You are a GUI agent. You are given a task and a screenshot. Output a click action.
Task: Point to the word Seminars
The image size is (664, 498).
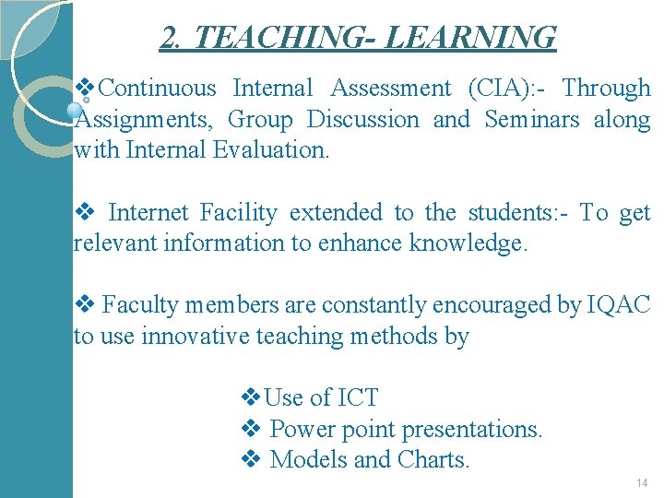point(532,120)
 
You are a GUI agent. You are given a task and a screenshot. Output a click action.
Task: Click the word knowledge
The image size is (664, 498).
point(468,243)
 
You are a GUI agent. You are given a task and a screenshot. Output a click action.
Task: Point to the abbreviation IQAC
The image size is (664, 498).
point(619,305)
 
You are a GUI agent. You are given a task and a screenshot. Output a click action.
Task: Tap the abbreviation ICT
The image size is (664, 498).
point(358,398)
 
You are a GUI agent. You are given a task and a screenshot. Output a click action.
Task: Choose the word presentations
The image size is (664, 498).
point(472,430)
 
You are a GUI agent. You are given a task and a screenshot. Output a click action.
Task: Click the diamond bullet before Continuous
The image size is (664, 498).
point(85,89)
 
